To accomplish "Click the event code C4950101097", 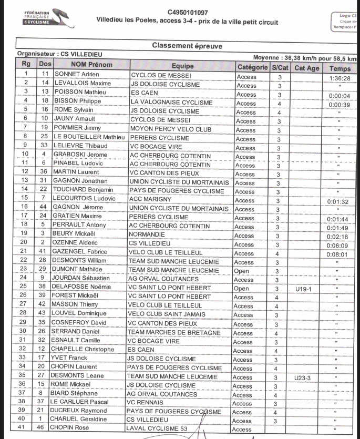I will (x=188, y=12).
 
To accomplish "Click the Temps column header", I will (x=340, y=68).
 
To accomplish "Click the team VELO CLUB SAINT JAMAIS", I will (x=170, y=315).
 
